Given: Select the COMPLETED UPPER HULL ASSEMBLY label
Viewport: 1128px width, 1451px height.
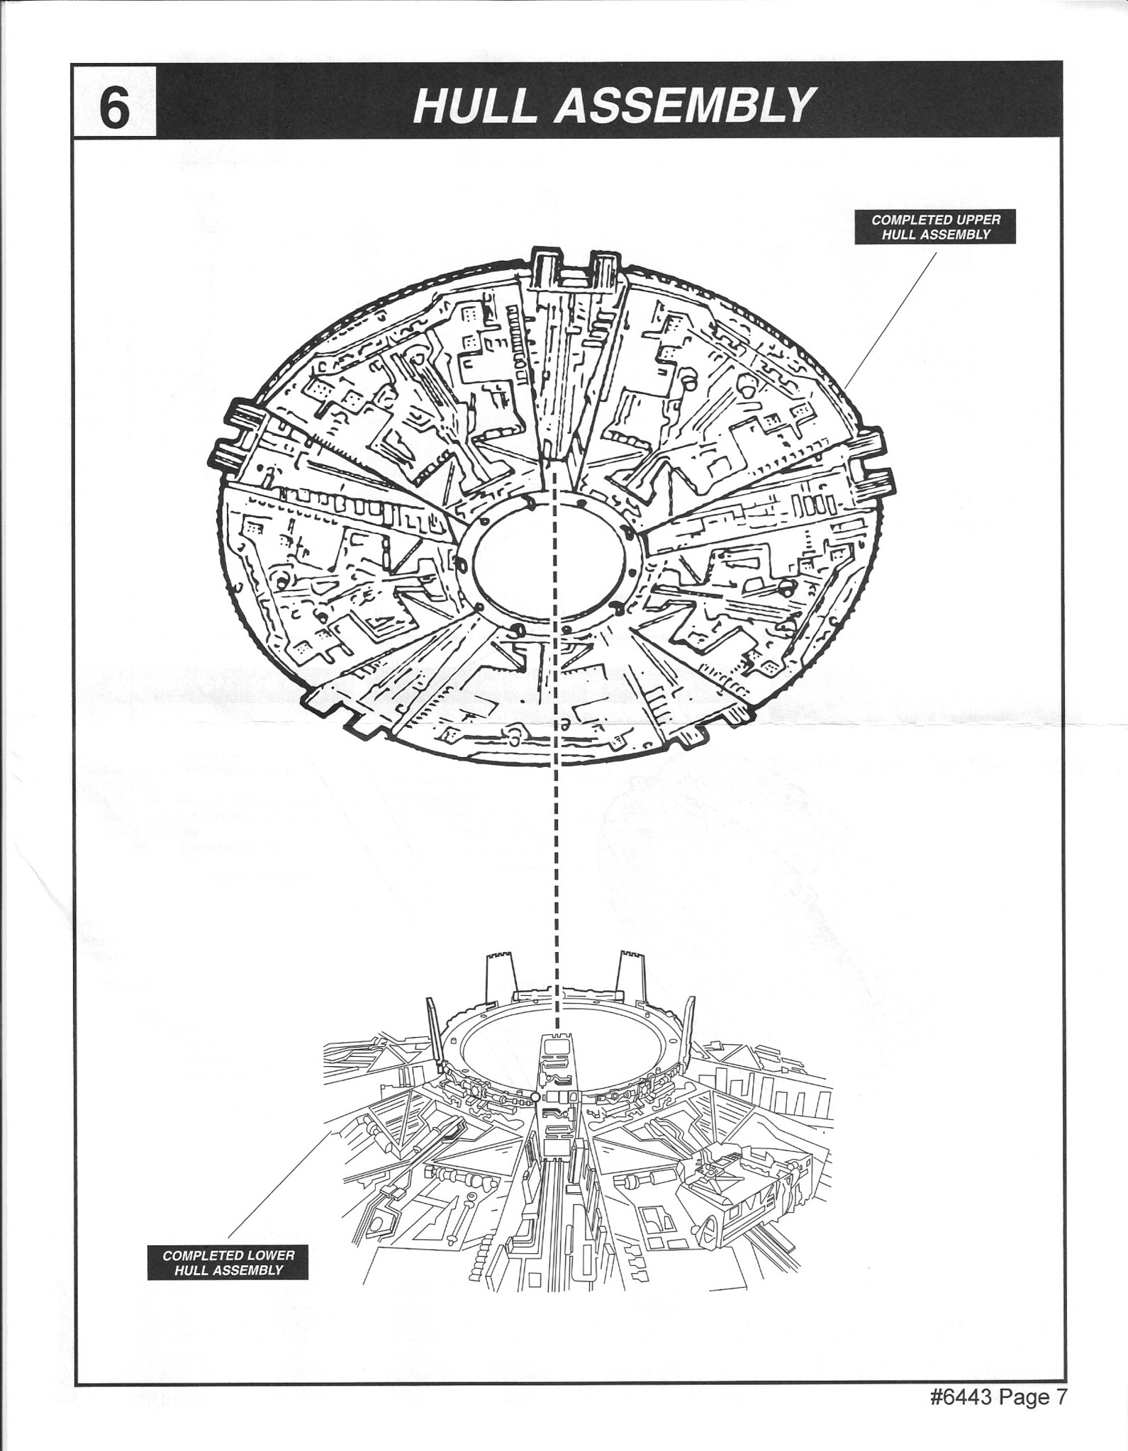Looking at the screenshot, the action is point(935,227).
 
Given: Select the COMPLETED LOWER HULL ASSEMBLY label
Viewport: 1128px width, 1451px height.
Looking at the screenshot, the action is point(228,1262).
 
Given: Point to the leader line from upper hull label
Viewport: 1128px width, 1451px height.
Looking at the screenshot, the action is point(891,318).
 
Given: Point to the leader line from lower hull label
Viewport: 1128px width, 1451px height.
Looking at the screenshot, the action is point(279,1185).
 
